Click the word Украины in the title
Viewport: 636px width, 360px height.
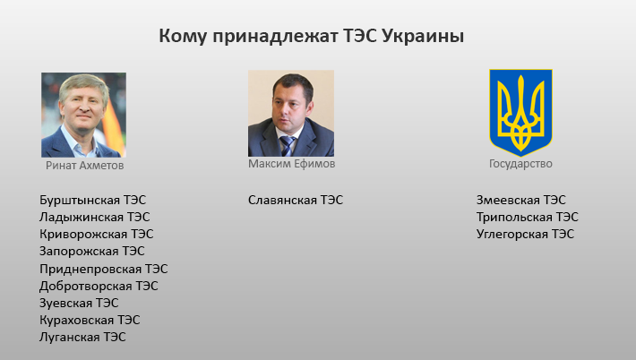(x=423, y=37)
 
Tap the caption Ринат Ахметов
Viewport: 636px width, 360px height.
(x=84, y=166)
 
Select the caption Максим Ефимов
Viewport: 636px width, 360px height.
(x=292, y=164)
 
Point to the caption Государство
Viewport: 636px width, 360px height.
(x=520, y=164)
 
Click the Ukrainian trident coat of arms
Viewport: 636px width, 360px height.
(x=520, y=112)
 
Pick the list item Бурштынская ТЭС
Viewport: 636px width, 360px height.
(x=92, y=201)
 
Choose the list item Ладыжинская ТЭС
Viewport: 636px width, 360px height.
(x=95, y=218)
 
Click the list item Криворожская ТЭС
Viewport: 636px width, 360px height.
(x=96, y=235)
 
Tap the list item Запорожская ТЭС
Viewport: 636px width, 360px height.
(x=91, y=252)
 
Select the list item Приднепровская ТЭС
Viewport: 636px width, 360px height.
(x=103, y=269)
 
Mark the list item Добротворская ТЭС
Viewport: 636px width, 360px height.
(x=99, y=286)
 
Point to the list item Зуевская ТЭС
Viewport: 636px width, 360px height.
(x=79, y=303)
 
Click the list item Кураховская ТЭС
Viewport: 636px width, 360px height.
(x=90, y=320)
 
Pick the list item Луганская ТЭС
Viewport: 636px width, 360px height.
(x=82, y=337)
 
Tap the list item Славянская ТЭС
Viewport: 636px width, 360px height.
(x=296, y=200)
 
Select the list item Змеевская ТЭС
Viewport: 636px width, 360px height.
(x=520, y=200)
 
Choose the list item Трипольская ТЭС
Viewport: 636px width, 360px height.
(x=528, y=218)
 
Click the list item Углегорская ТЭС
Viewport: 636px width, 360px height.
(x=525, y=235)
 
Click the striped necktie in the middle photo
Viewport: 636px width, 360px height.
(x=288, y=146)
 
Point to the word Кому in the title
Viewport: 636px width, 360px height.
(x=184, y=37)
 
